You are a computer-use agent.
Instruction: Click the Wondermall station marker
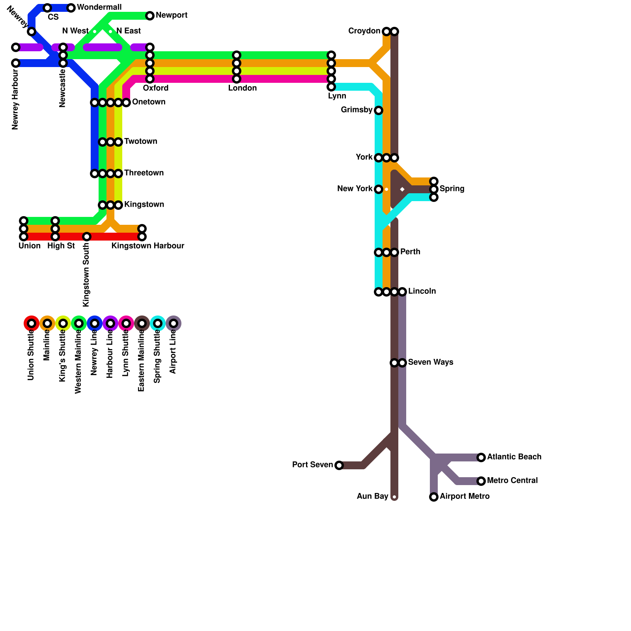[71, 8]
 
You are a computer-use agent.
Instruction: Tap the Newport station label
[171, 15]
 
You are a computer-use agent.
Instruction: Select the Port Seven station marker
[339, 465]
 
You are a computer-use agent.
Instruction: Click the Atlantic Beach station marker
[481, 457]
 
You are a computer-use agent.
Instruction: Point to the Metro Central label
[512, 481]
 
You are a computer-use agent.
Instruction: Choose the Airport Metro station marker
[434, 497]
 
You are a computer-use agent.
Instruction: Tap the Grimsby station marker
[379, 110]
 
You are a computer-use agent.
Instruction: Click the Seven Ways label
[430, 362]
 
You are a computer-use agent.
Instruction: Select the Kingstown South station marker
[87, 237]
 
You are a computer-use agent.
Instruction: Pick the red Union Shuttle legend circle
[32, 323]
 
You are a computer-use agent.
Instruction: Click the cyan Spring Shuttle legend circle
[158, 323]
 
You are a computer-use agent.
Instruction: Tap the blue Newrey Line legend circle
[95, 323]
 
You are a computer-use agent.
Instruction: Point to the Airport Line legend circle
[174, 323]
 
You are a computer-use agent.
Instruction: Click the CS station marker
[47, 8]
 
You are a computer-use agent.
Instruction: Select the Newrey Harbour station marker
[16, 63]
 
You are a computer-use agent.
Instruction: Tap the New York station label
[355, 189]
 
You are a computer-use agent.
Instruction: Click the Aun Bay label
[372, 497]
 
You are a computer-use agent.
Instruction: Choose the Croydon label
[364, 31]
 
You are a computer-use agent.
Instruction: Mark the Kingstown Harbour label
[147, 246]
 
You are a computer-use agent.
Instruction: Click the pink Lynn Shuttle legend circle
[126, 323]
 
